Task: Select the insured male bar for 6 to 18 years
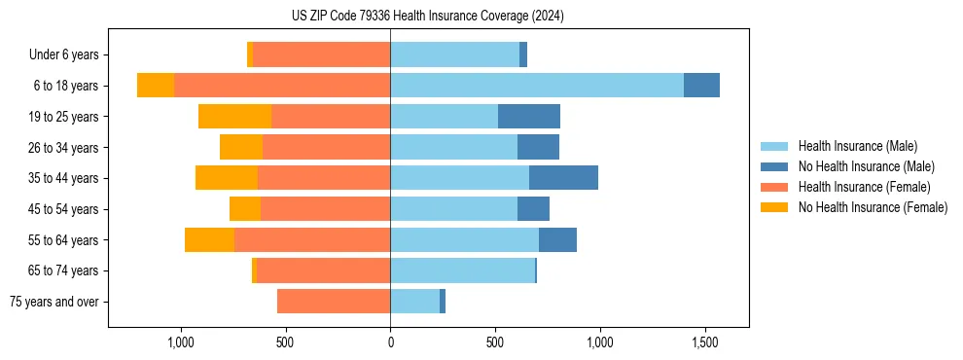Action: point(537,86)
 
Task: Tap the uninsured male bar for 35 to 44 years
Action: point(563,178)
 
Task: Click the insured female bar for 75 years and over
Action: point(334,302)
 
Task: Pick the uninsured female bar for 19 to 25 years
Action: point(234,117)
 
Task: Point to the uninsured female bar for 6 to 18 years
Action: point(156,86)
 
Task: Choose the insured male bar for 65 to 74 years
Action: point(463,270)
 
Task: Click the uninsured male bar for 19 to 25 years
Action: point(529,117)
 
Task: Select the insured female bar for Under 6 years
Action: point(322,54)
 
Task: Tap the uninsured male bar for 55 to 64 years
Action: point(557,239)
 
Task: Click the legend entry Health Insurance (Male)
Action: point(857,146)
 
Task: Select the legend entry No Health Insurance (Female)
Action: point(873,207)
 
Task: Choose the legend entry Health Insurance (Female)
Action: point(864,187)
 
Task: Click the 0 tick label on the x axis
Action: point(390,342)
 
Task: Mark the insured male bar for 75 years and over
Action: point(415,302)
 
